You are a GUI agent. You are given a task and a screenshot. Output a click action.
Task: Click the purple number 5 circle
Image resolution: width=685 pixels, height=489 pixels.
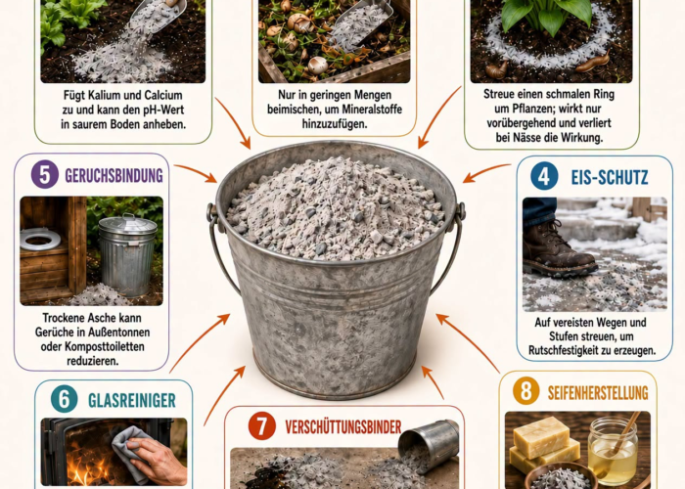pyautogui.click(x=45, y=175)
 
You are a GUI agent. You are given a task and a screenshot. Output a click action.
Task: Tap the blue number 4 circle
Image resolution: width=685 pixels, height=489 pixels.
pyautogui.click(x=544, y=176)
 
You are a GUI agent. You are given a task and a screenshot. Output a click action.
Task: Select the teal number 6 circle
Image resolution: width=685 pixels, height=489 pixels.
pyautogui.click(x=65, y=399)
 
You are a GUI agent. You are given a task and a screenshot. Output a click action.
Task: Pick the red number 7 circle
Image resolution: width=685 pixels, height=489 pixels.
pyautogui.click(x=261, y=425)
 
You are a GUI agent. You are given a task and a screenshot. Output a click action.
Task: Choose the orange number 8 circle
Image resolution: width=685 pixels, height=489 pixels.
pyautogui.click(x=526, y=390)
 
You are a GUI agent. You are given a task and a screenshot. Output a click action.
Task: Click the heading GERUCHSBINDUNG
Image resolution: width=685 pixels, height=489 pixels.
pyautogui.click(x=114, y=175)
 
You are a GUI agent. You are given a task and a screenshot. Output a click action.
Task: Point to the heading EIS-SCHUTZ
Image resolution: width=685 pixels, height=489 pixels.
pyautogui.click(x=610, y=177)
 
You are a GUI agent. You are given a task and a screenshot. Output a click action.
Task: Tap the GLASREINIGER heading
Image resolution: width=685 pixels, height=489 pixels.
pyautogui.click(x=132, y=400)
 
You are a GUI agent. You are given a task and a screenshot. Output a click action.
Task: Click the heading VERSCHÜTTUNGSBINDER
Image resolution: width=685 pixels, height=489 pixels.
pyautogui.click(x=342, y=426)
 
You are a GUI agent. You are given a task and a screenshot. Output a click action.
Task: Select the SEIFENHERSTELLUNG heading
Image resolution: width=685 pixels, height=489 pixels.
pyautogui.click(x=598, y=392)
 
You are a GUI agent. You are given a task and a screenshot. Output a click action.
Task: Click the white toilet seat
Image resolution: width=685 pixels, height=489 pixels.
pyautogui.click(x=40, y=239)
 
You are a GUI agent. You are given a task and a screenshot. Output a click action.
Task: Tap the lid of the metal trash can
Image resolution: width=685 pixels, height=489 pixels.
pyautogui.click(x=127, y=224)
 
